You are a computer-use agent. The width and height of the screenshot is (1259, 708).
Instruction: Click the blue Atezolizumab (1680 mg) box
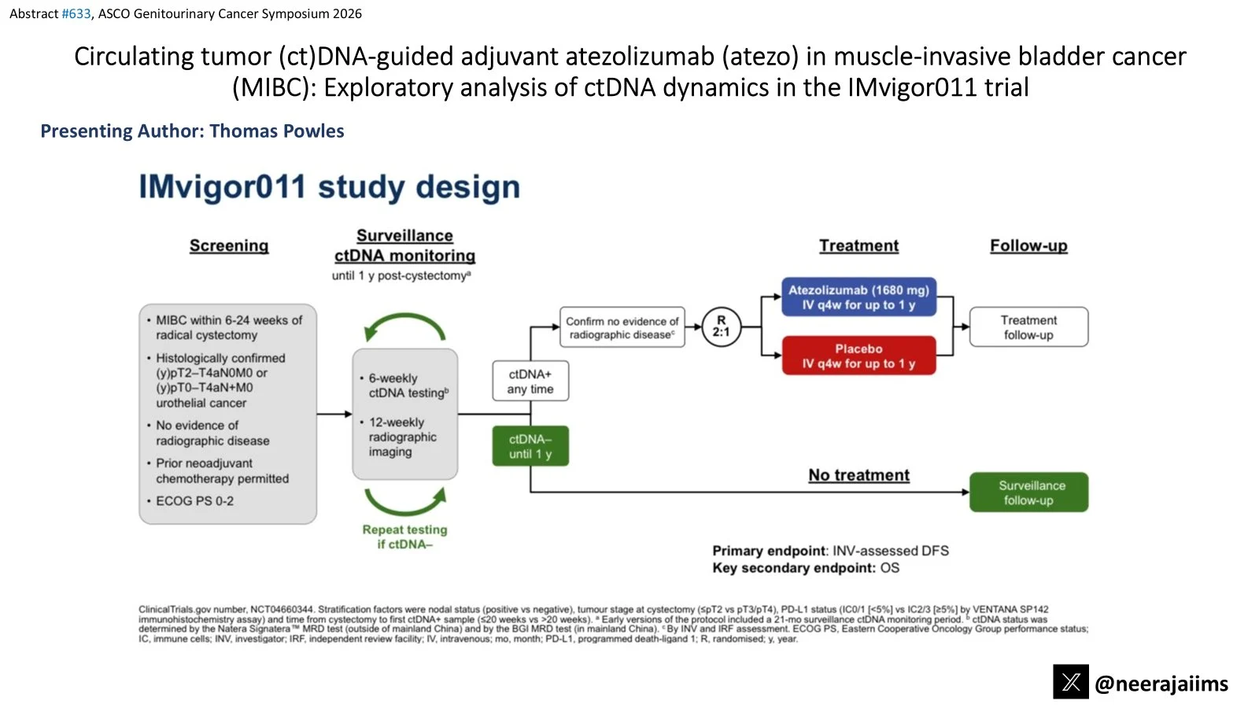click(858, 297)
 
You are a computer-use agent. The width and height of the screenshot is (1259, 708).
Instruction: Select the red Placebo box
click(858, 356)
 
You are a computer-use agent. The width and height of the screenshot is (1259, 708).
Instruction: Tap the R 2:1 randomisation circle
click(721, 326)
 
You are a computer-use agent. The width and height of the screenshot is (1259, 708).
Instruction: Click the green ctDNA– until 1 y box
click(530, 446)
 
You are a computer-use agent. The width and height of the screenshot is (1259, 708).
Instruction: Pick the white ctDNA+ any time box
click(530, 382)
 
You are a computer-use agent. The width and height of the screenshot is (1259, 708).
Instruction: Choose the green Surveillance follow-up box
click(1028, 492)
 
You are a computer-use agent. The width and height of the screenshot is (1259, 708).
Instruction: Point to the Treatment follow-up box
click(1028, 327)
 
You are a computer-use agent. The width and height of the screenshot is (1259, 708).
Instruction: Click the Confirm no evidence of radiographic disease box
click(622, 327)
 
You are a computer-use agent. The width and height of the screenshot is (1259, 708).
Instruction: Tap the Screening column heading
click(229, 245)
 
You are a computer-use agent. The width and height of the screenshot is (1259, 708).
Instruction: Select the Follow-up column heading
click(1028, 245)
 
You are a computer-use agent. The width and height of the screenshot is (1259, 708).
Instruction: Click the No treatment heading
click(858, 475)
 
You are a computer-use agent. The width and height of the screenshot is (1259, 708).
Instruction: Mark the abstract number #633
click(76, 13)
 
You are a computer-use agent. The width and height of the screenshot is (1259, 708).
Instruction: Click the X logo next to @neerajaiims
click(1071, 682)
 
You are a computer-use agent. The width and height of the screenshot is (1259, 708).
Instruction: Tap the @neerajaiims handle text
click(1161, 684)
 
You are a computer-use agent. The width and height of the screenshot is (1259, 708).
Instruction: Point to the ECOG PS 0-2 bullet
click(194, 501)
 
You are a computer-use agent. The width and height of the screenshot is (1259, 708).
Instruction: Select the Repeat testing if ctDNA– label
click(404, 537)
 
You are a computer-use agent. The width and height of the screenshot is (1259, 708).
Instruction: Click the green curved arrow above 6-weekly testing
click(404, 324)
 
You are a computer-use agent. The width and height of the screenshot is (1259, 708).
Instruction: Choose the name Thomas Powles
click(277, 131)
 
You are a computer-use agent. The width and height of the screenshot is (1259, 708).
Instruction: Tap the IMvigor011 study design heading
click(329, 187)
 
